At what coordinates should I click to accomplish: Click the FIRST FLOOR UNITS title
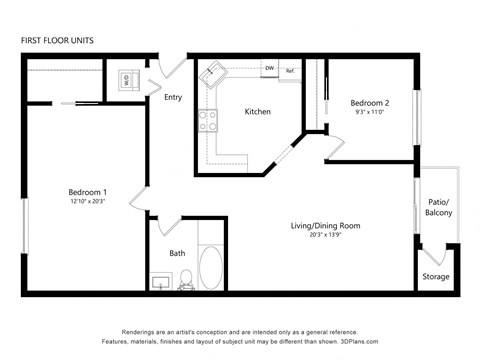56,41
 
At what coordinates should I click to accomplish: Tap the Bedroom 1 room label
88,192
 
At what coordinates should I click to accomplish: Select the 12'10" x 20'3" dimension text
88,202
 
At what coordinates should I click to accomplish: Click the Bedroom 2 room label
369,103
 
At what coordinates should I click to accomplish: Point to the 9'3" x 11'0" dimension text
369,113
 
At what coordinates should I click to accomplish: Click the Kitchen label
257,112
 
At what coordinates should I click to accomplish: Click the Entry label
173,97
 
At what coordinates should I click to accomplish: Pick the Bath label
177,253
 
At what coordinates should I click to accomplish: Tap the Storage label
435,276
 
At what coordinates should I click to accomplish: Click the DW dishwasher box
270,69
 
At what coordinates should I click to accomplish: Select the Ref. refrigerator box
290,70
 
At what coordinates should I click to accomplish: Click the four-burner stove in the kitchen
209,121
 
